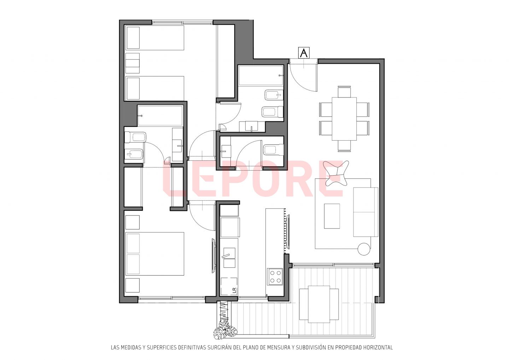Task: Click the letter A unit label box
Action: click(x=304, y=53)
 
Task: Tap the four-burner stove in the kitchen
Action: click(x=275, y=277)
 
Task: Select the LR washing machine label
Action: click(x=234, y=290)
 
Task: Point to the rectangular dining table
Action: click(x=344, y=119)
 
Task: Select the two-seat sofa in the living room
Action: click(x=365, y=212)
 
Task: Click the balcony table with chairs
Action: click(x=319, y=304)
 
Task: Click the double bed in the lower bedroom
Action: click(x=155, y=254)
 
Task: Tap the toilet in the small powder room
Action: click(x=273, y=150)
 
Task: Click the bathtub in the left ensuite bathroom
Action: click(x=160, y=116)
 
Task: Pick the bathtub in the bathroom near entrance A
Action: click(x=261, y=76)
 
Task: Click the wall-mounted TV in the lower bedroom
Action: click(x=213, y=255)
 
